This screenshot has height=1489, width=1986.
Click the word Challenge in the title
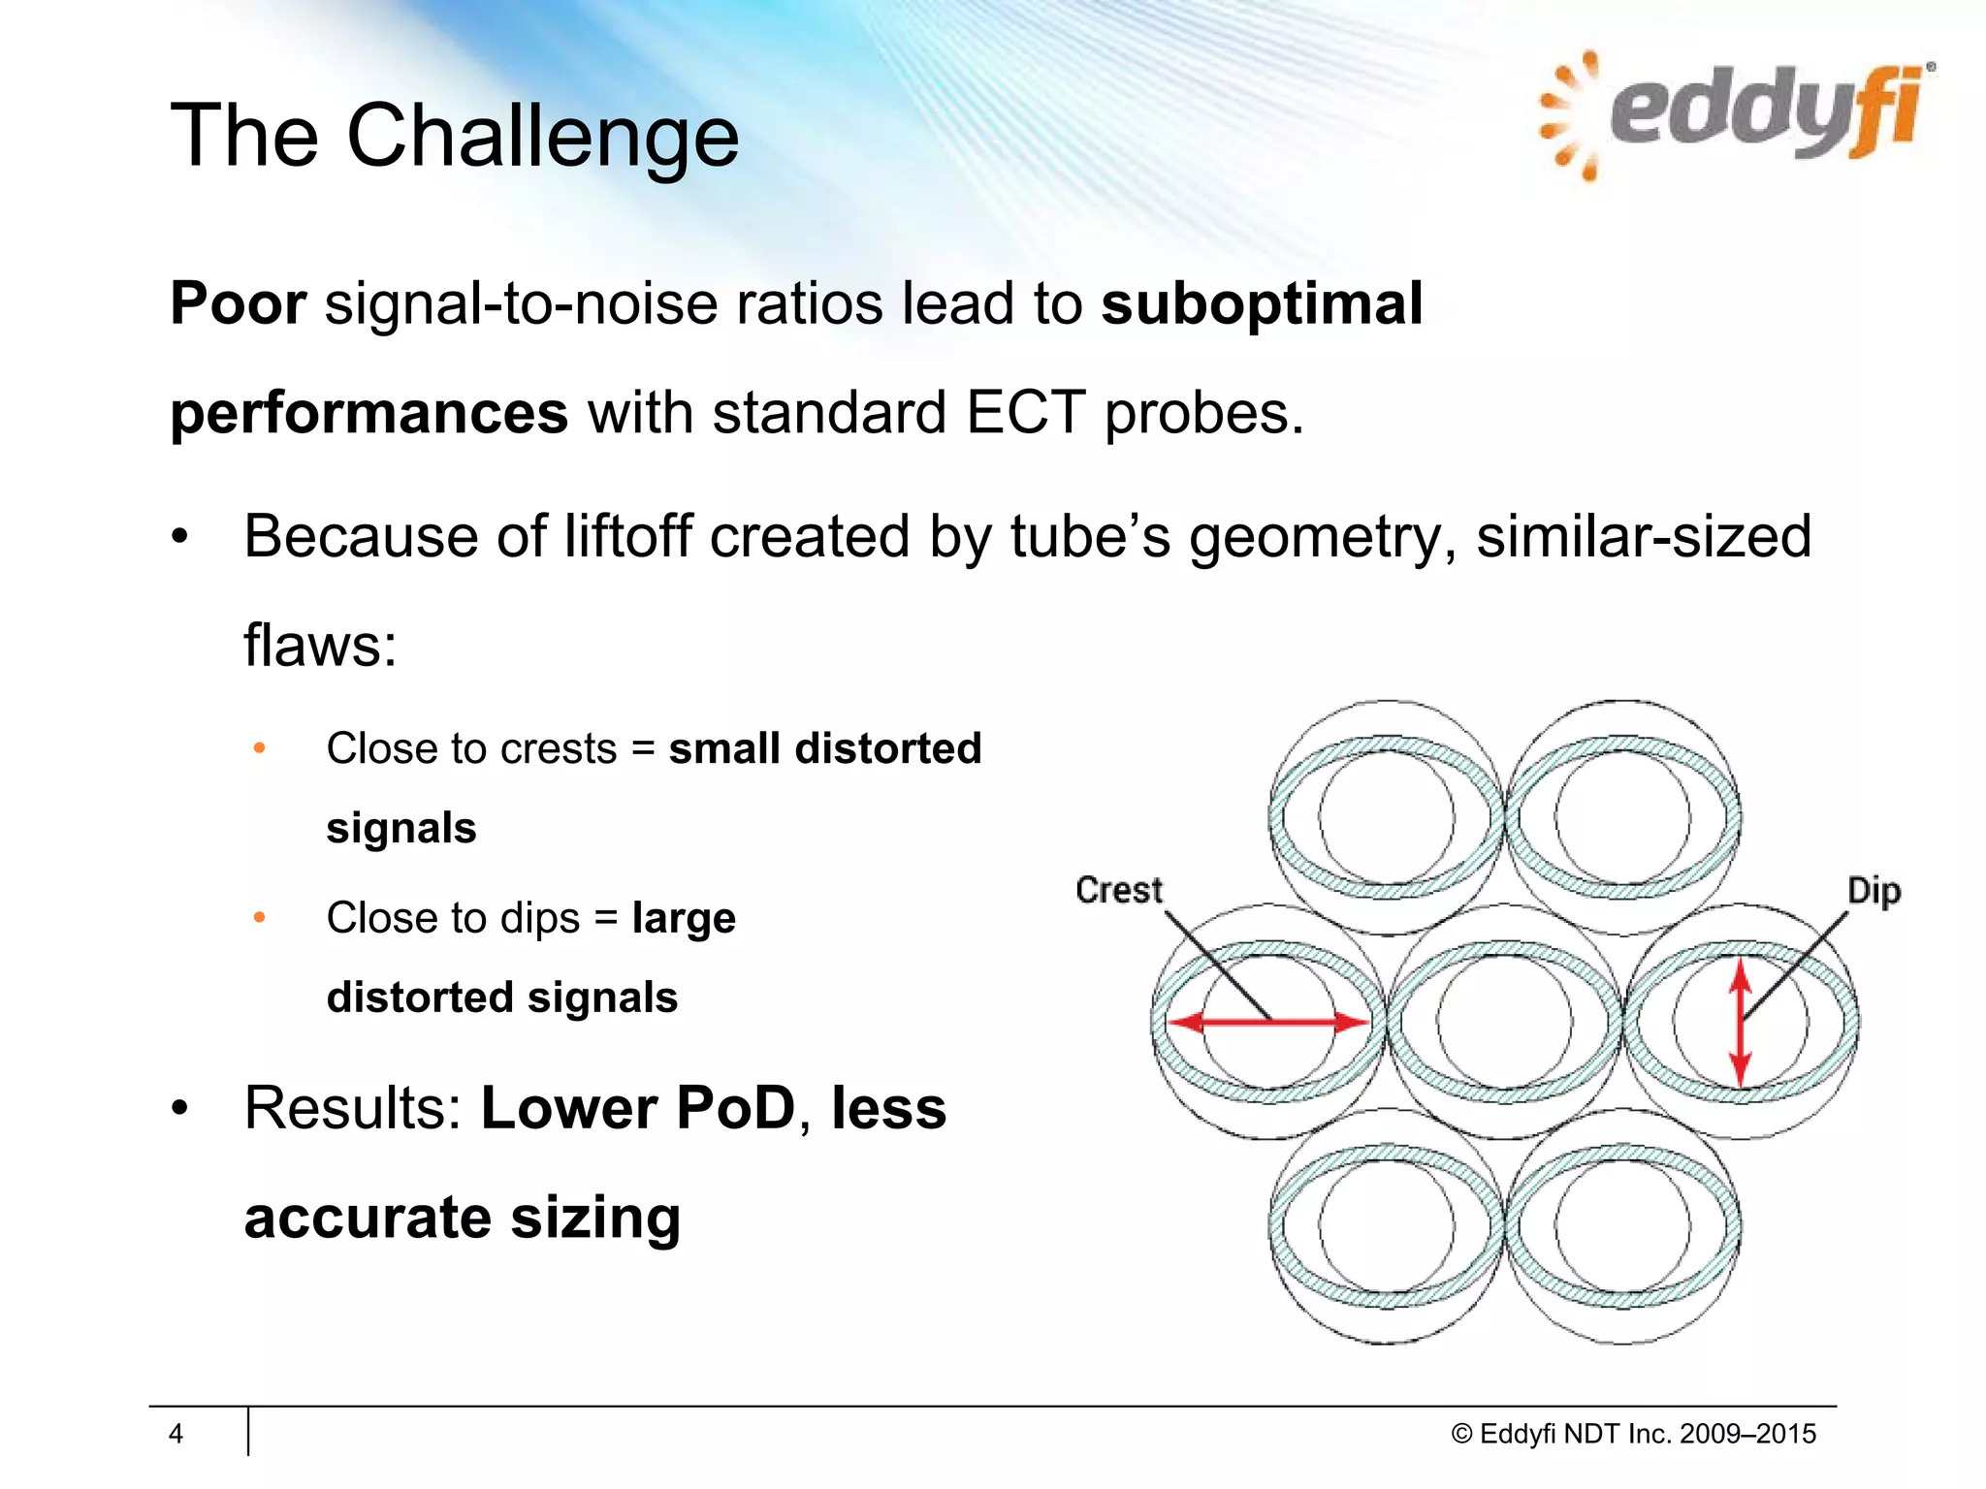coord(542,136)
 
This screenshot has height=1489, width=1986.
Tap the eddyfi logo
coord(1736,114)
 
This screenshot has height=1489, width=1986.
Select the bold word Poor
coord(238,303)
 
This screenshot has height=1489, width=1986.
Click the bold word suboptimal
coord(1261,303)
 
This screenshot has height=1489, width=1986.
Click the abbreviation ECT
coord(1025,413)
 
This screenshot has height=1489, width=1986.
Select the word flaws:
coord(320,645)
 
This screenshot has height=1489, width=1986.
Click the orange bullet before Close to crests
coord(259,748)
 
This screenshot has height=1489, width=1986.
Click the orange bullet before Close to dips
coord(259,917)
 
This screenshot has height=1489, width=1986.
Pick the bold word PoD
coord(735,1108)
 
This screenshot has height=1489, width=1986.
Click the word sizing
coord(595,1218)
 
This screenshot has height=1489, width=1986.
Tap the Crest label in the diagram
coord(1118,890)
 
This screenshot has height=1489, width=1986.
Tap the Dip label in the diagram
coord(1873,891)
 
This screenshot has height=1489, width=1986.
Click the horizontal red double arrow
coord(1268,1022)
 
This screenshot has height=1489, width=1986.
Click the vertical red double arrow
coord(1741,1022)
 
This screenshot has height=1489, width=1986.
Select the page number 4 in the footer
coord(176,1434)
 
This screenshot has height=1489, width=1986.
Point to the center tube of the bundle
coord(1504,1022)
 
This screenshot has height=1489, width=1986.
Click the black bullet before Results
coord(179,1109)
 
